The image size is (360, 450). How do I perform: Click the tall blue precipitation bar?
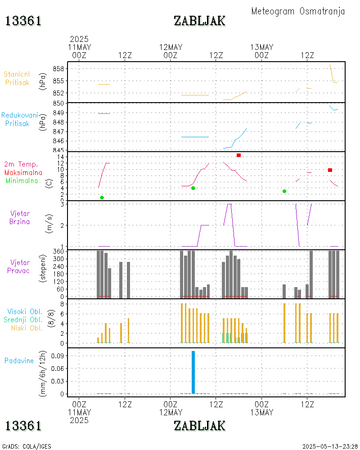[x=193, y=372]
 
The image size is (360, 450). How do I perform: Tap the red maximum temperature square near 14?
[x=238, y=155]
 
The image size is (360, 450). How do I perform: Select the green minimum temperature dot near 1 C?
[x=102, y=198]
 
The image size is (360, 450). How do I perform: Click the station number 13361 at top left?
[x=23, y=21]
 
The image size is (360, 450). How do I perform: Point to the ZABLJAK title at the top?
[x=199, y=21]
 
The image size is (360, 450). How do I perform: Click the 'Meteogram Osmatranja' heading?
[x=298, y=11]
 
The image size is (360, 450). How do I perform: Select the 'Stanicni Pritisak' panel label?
[x=18, y=78]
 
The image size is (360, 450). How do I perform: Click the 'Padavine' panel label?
[x=19, y=360]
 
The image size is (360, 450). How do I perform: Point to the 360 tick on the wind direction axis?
[x=59, y=252]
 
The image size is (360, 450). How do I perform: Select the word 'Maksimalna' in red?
[x=23, y=172]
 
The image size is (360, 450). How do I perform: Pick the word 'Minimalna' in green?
[x=22, y=181]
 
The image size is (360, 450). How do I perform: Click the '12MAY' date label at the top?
[x=171, y=47]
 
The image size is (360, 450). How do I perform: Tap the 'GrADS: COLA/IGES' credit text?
[x=27, y=446]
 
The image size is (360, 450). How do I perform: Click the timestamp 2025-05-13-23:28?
[x=330, y=446]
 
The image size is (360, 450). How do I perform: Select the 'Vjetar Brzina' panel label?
[x=20, y=217]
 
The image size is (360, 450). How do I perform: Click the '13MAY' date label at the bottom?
[x=261, y=412]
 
